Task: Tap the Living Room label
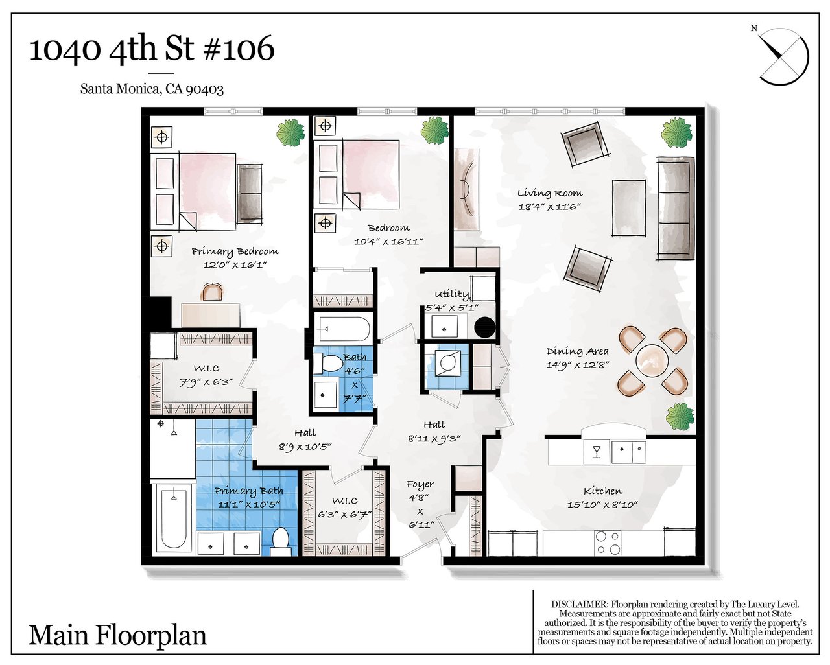coord(550,192)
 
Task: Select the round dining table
coord(652,361)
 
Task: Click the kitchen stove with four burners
coord(608,542)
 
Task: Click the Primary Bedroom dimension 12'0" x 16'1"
coord(235,265)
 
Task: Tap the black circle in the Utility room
coord(484,327)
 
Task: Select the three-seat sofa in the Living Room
coord(675,208)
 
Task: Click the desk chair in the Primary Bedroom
coord(212,292)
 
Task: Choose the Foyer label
coord(420,485)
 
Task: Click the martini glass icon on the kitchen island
coord(597,452)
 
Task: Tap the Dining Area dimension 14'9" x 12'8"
coord(577,364)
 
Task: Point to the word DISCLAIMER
coord(580,605)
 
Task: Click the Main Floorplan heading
coord(117,635)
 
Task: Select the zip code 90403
coord(204,89)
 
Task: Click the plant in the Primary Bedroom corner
coord(290,133)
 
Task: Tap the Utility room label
coord(452,294)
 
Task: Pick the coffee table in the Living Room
coord(629,208)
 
